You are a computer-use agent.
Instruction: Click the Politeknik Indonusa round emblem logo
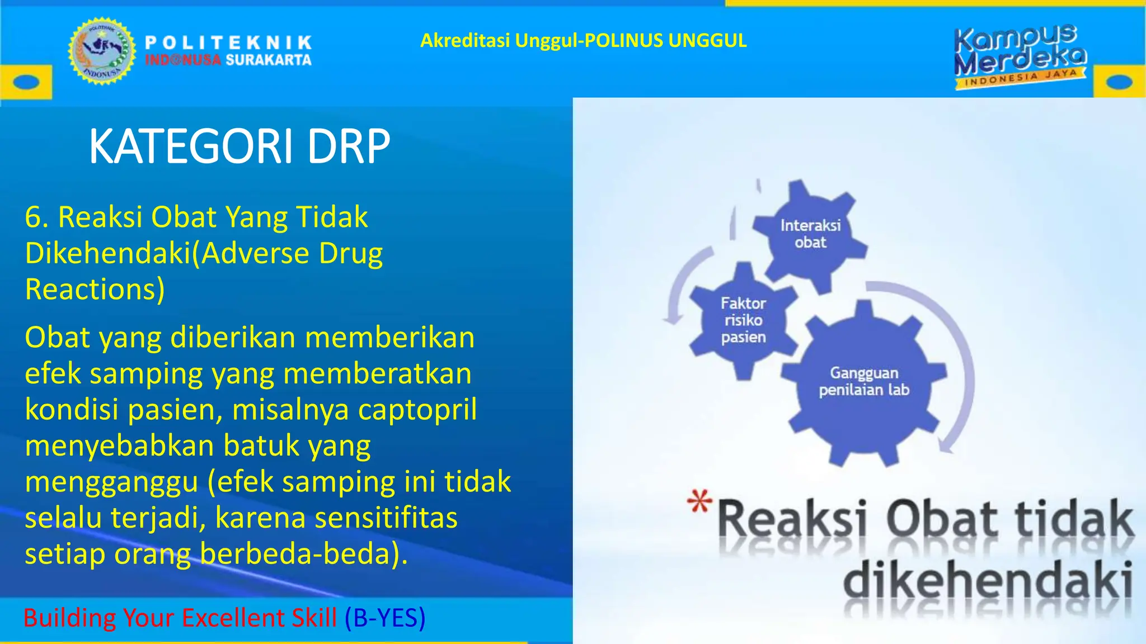102,51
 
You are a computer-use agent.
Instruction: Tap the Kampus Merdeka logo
1020,56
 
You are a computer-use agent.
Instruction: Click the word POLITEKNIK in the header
228,42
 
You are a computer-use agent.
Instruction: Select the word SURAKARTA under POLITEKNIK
269,60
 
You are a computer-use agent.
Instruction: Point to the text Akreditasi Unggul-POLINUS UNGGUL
583,40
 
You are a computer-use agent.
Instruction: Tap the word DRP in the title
348,146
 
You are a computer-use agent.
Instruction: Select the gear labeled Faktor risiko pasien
743,320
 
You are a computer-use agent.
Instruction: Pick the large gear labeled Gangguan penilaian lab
863,382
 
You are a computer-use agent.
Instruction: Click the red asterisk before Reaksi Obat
699,501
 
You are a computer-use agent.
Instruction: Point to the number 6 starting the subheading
33,217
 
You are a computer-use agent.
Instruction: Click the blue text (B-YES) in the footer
385,618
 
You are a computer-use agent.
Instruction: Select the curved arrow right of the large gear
958,363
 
